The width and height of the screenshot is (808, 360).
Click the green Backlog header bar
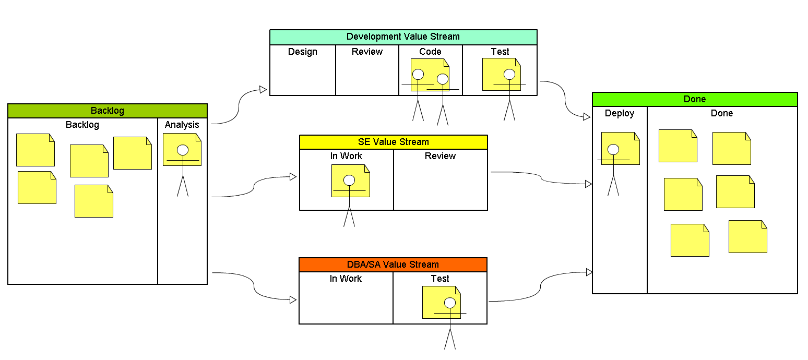pyautogui.click(x=108, y=111)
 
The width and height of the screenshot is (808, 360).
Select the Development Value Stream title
pyautogui.click(x=403, y=37)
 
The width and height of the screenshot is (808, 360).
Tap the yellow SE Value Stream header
pyautogui.click(x=393, y=142)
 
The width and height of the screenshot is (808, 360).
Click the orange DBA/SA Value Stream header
pyautogui.click(x=393, y=265)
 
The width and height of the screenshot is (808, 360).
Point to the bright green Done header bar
pyautogui.click(x=694, y=99)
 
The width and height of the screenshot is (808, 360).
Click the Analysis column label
pyautogui.click(x=182, y=125)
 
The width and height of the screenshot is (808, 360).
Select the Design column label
pyautogui.click(x=303, y=52)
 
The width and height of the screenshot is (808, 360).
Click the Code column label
pyautogui.click(x=430, y=52)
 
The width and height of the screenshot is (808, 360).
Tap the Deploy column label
pyautogui.click(x=620, y=113)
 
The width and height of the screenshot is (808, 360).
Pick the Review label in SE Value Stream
pyautogui.click(x=440, y=156)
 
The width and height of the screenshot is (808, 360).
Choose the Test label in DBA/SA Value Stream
pyautogui.click(x=440, y=279)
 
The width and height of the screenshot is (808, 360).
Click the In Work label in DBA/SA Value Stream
pyautogui.click(x=346, y=279)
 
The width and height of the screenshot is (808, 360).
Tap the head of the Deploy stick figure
pyautogui.click(x=613, y=150)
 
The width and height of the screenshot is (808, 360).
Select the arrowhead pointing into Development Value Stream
pyautogui.click(x=264, y=90)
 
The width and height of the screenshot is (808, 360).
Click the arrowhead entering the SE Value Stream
pyautogui.click(x=293, y=177)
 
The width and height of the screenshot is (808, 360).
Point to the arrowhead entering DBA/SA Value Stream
pyautogui.click(x=293, y=300)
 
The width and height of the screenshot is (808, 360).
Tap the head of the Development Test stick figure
pyautogui.click(x=509, y=74)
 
